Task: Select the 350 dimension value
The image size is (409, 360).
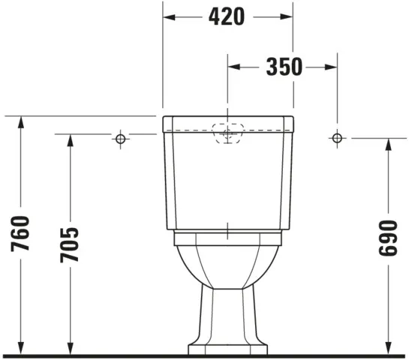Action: pos(284,67)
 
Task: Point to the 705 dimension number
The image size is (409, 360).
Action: pos(69,244)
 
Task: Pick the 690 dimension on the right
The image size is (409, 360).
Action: pos(388,238)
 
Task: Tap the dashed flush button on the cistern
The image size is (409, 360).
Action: pos(228,132)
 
